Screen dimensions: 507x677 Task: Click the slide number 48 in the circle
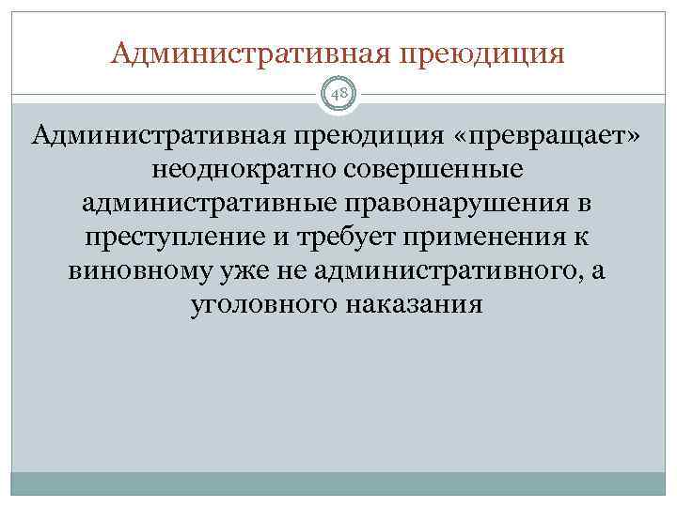point(338,94)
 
